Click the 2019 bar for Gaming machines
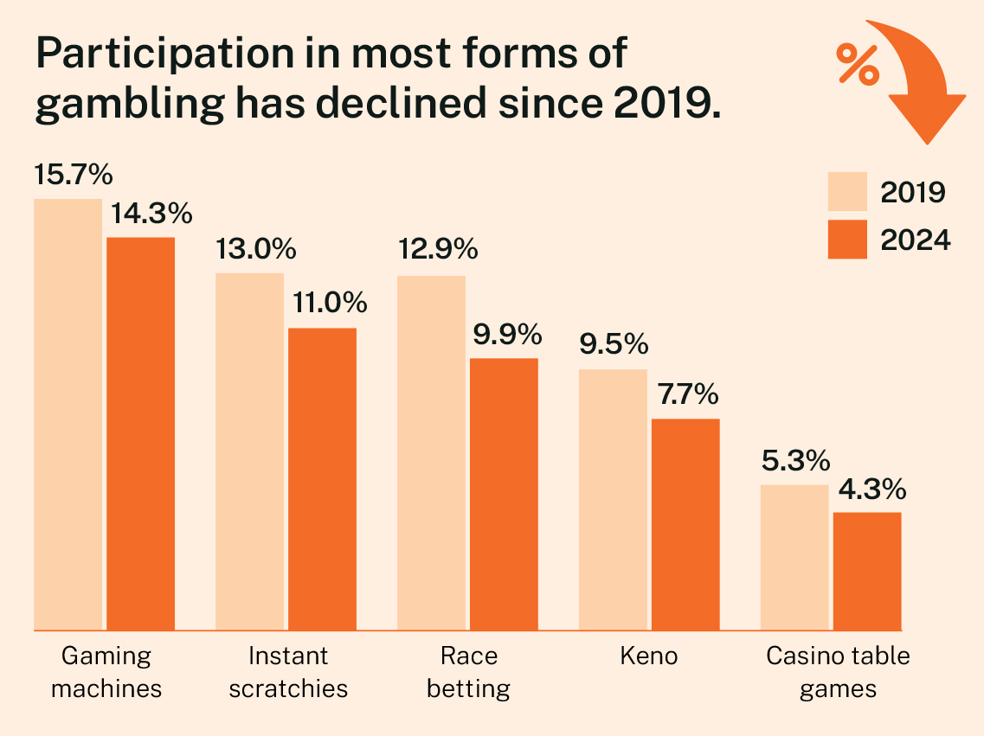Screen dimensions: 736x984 coord(68,413)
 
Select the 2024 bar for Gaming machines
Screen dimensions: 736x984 coord(140,432)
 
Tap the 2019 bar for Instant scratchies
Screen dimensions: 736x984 coord(249,451)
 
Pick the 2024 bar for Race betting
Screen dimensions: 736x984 coord(504,493)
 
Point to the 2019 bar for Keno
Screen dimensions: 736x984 coord(613,499)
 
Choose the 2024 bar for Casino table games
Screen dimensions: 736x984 coord(867,571)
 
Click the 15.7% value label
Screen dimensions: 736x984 coord(74,176)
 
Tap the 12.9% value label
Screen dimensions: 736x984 coord(437,250)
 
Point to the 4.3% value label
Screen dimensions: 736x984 coord(871,490)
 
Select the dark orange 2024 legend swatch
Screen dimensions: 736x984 coord(846,239)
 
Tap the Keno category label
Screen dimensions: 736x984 coord(649,656)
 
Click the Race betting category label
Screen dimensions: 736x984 coord(468,672)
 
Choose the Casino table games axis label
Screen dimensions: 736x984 coord(838,672)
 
